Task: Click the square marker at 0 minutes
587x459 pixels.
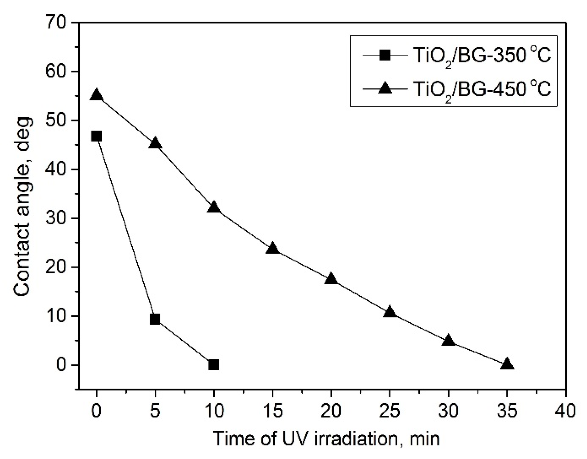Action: [96, 136]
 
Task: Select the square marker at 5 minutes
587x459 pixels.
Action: [155, 319]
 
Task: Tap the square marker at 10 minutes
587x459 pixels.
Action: [214, 365]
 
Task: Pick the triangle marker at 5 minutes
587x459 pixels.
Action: [155, 144]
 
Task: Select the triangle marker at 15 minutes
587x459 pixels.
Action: [272, 249]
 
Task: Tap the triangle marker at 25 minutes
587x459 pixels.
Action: [390, 312]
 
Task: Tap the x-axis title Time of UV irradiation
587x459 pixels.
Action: [326, 438]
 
